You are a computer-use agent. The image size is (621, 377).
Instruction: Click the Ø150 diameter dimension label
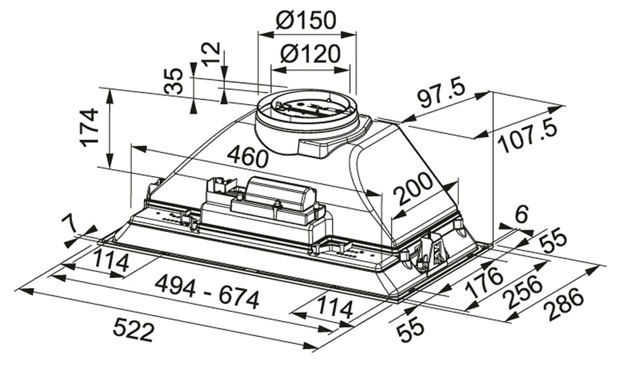tap(306, 20)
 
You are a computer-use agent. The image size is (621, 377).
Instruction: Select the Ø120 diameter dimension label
tap(310, 54)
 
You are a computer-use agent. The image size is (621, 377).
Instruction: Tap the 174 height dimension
tap(90, 128)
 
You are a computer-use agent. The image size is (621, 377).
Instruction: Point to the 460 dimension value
tap(248, 156)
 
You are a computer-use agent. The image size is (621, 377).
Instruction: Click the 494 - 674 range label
tap(207, 293)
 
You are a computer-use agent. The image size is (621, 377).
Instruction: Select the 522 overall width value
tap(133, 330)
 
